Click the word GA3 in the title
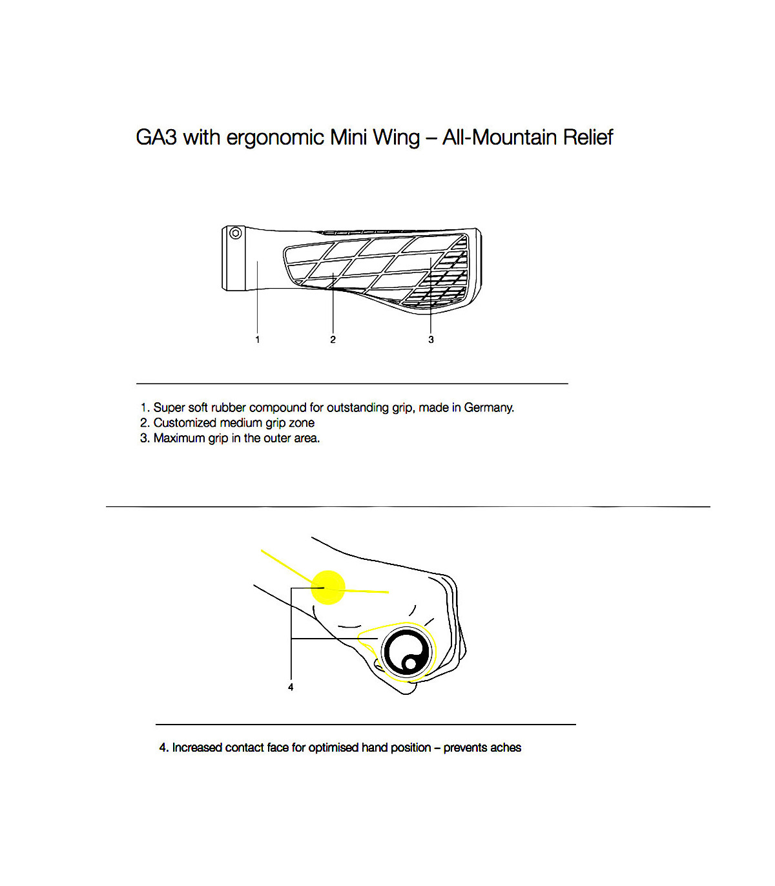[x=156, y=138]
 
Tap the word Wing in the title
[x=397, y=138]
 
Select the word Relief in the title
[x=588, y=138]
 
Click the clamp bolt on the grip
[x=236, y=233]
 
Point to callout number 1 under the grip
[x=258, y=340]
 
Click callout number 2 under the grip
[x=333, y=340]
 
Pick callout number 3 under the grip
[x=431, y=340]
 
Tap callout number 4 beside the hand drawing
[x=291, y=687]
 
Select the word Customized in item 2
[x=185, y=423]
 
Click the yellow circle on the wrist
[x=329, y=588]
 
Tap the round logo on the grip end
[x=407, y=652]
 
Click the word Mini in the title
[x=348, y=138]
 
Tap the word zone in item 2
[x=302, y=423]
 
